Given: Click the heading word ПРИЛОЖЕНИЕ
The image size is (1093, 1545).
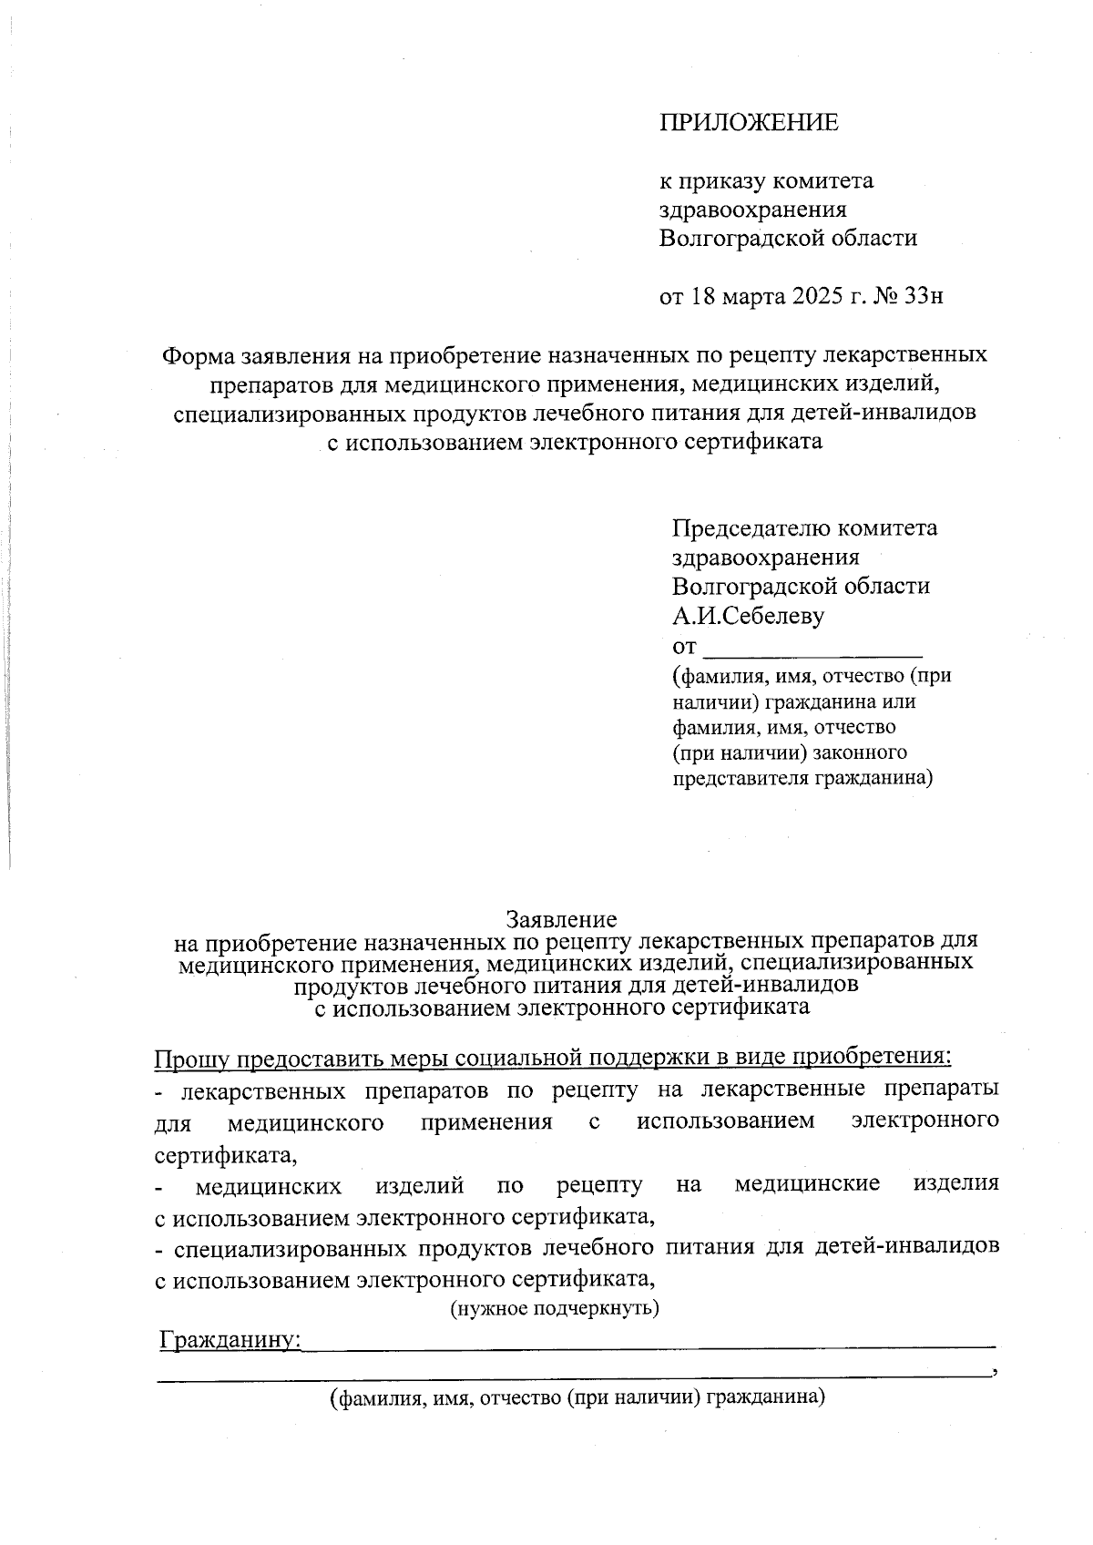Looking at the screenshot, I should (x=749, y=123).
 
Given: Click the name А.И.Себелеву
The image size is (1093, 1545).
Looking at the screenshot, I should (x=749, y=616).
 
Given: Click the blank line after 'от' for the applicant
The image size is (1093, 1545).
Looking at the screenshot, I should (x=814, y=649).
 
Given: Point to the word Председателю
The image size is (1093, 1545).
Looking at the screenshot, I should (x=750, y=528).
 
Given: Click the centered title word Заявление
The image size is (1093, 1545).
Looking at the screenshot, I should (x=561, y=919).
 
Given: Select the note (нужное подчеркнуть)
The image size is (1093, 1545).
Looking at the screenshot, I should (x=555, y=1309).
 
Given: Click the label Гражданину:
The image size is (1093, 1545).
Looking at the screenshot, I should (x=230, y=1340).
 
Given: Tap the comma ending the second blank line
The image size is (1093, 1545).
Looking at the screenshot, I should (x=997, y=1372).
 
